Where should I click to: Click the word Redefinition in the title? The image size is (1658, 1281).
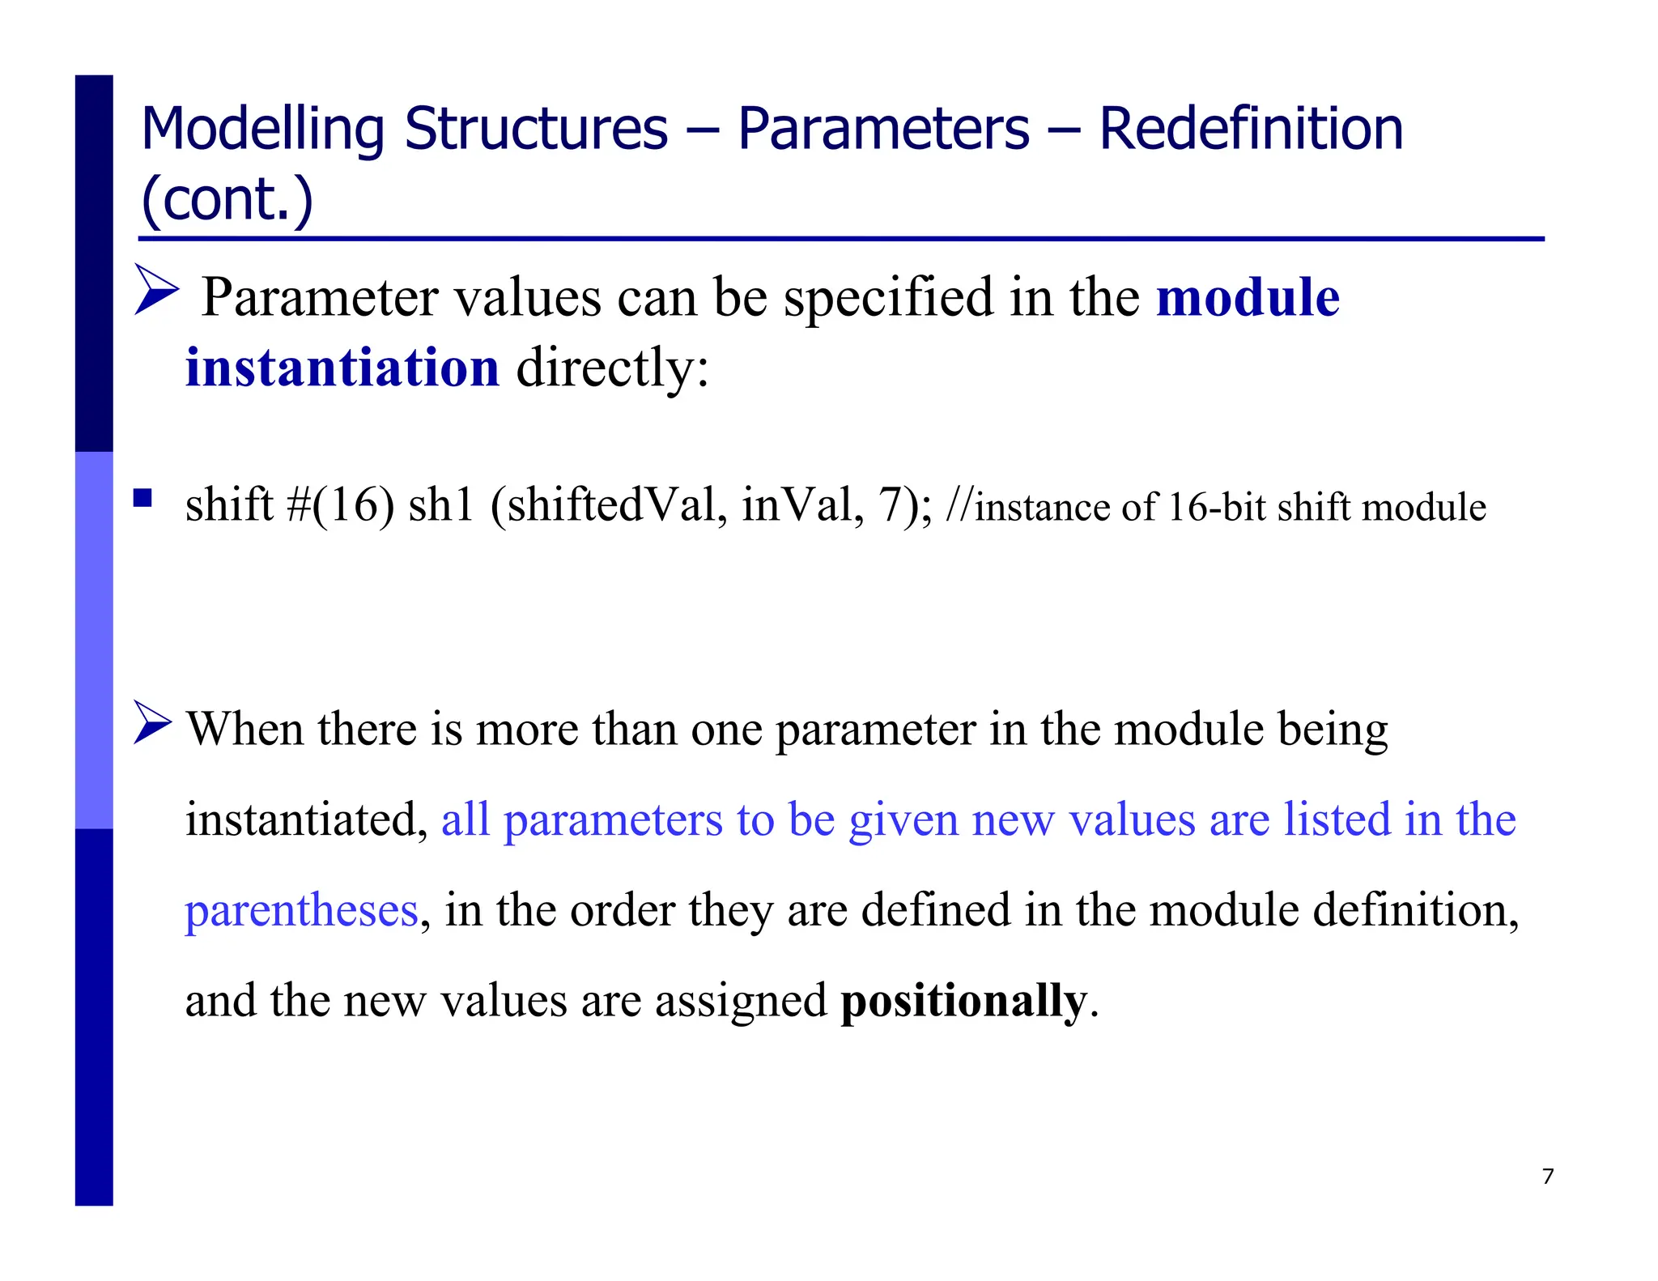[x=1250, y=130]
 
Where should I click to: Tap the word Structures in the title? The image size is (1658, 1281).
[x=536, y=130]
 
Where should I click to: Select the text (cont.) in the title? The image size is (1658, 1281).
[x=227, y=199]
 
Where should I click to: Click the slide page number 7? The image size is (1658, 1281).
[x=1548, y=1176]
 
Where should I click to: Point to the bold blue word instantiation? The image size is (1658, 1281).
[x=342, y=368]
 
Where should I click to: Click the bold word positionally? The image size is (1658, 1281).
[x=963, y=1001]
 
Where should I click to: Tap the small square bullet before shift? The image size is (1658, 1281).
[x=143, y=497]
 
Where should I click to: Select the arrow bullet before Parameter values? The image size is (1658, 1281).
[x=155, y=289]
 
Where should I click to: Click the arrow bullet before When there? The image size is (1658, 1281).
[x=152, y=722]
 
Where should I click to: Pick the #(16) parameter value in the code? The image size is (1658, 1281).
[x=341, y=505]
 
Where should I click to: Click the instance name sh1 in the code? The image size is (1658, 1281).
[x=441, y=505]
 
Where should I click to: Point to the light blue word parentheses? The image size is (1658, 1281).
[x=301, y=912]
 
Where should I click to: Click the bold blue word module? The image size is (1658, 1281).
[x=1248, y=298]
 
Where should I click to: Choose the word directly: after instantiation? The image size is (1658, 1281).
[x=612, y=368]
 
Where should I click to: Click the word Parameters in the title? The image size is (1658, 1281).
[x=883, y=130]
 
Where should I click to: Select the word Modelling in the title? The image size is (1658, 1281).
[x=263, y=130]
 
